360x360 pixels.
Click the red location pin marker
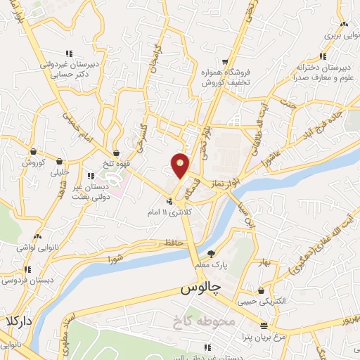coord(181,165)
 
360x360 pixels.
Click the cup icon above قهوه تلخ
coord(116,153)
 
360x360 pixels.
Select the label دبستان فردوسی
coord(21,280)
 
